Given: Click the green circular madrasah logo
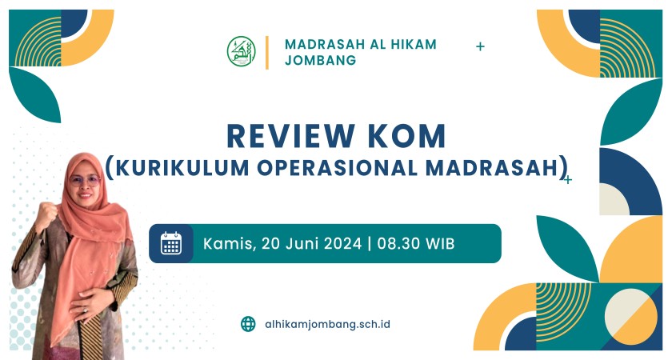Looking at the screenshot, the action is (x=242, y=51).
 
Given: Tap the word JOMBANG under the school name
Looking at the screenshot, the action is (x=320, y=60).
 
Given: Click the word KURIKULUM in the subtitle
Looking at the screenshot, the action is (x=182, y=167).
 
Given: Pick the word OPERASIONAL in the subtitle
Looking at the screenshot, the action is (x=338, y=167).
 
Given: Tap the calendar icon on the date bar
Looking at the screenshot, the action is (x=171, y=243).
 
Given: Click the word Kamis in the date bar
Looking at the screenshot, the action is (x=228, y=244).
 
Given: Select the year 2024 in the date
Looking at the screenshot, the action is (x=342, y=243).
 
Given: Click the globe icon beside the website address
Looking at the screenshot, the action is (x=248, y=324).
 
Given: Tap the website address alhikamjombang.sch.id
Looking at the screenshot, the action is (x=327, y=325).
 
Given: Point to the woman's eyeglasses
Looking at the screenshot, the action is (x=86, y=180).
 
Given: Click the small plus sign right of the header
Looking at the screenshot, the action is (x=481, y=46).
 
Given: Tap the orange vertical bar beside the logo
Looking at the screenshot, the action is (x=267, y=52).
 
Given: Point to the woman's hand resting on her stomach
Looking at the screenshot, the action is (x=93, y=303).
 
